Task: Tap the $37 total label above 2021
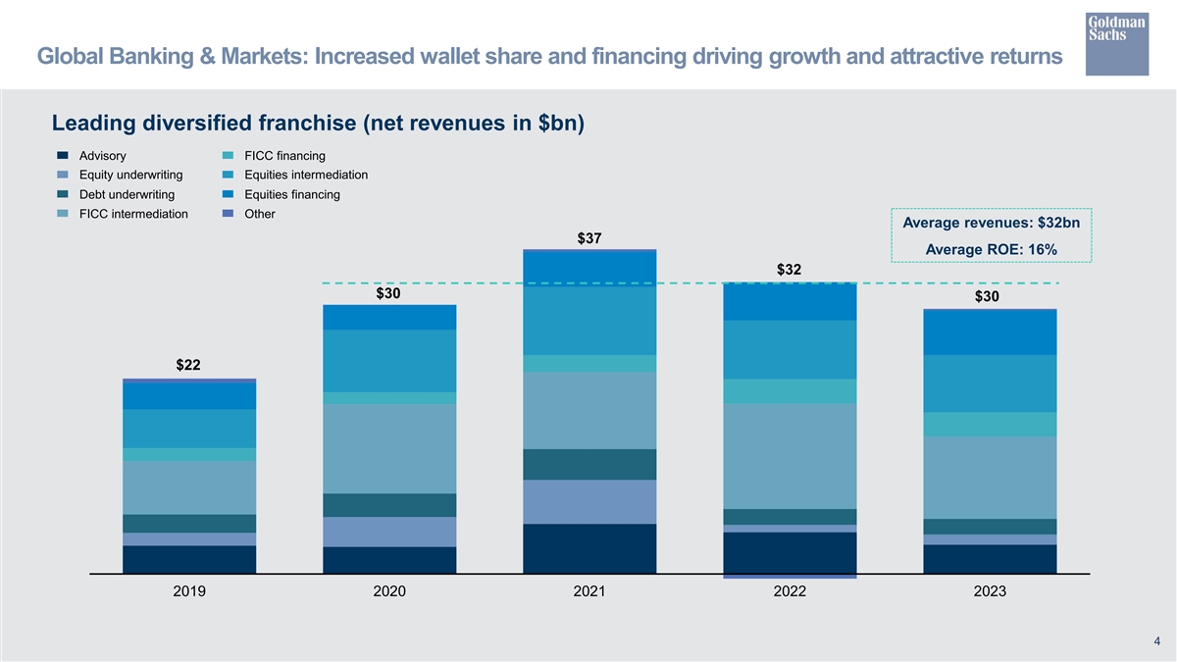(x=589, y=238)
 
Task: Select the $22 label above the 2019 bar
(x=188, y=366)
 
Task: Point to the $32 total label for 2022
(x=790, y=269)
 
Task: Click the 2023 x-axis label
(x=990, y=591)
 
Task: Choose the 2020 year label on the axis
(x=389, y=591)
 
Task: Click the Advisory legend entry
(x=102, y=156)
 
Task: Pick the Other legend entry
(x=260, y=214)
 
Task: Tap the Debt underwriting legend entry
(x=127, y=194)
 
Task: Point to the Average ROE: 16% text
(x=992, y=249)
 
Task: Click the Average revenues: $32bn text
(x=992, y=224)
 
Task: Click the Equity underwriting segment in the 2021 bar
(x=589, y=502)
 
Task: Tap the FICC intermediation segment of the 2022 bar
(x=790, y=456)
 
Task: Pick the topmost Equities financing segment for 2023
(x=990, y=332)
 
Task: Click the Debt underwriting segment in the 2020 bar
(x=389, y=505)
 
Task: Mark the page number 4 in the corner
(x=1157, y=641)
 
